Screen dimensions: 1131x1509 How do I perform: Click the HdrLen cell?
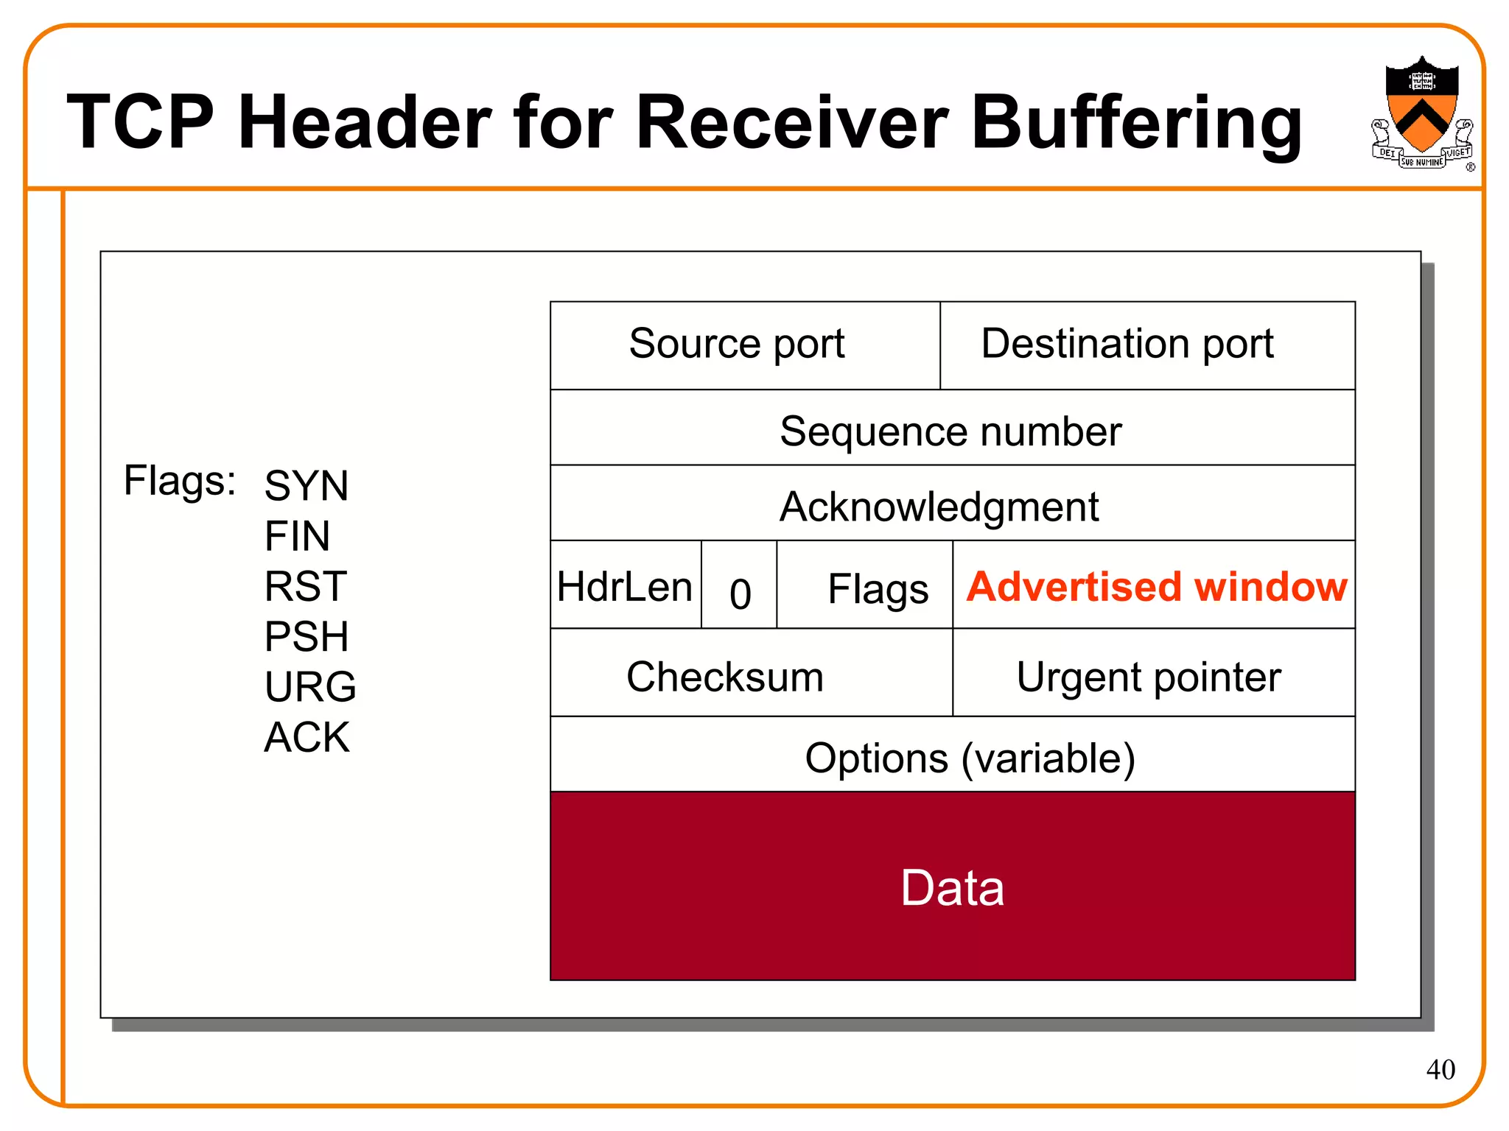coord(625,586)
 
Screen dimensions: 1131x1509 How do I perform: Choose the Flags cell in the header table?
coord(877,589)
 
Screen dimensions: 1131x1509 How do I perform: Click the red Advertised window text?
coord(1156,587)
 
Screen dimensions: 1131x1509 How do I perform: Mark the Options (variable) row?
coord(970,758)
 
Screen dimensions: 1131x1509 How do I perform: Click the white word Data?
coord(952,887)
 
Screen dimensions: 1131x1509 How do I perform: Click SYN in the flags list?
coord(306,485)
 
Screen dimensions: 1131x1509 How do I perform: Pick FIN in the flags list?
coord(297,535)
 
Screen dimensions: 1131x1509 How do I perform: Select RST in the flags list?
coord(305,586)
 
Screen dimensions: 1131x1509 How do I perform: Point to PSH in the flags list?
coord(306,635)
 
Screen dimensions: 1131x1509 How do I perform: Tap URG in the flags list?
coord(309,686)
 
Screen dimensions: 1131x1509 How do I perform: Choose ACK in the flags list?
coord(307,736)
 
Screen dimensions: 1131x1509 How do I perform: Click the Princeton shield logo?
coord(1421,110)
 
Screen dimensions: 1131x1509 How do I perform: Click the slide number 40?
coord(1440,1069)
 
